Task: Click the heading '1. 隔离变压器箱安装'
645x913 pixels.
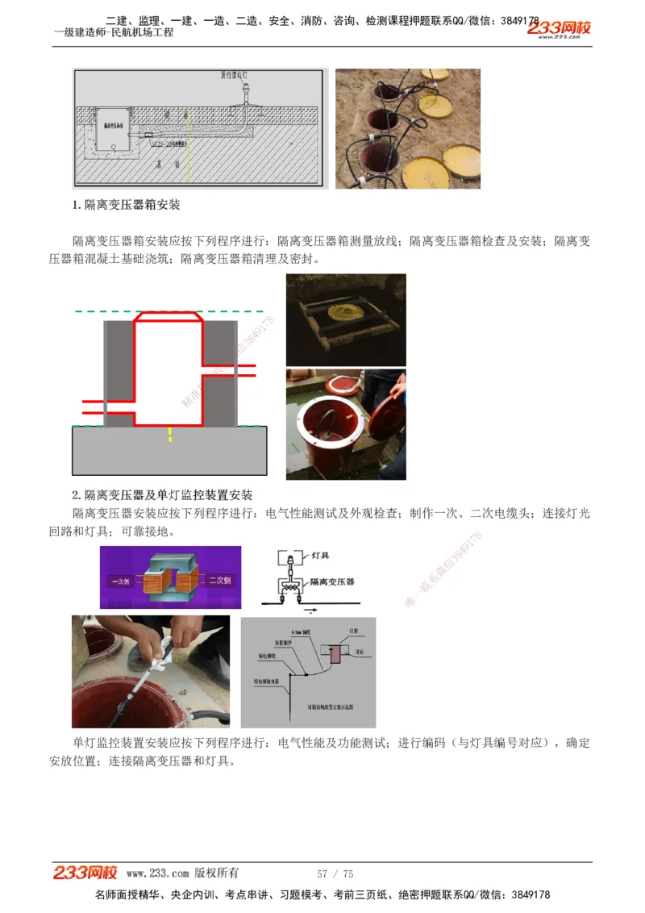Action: coord(127,205)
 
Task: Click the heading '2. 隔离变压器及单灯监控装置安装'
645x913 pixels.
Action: coord(163,494)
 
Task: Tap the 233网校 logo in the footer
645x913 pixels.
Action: coord(85,873)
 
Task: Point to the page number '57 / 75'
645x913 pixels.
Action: coord(335,873)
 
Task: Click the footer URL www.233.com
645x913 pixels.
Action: coord(157,873)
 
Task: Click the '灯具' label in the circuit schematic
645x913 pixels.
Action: coord(320,556)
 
